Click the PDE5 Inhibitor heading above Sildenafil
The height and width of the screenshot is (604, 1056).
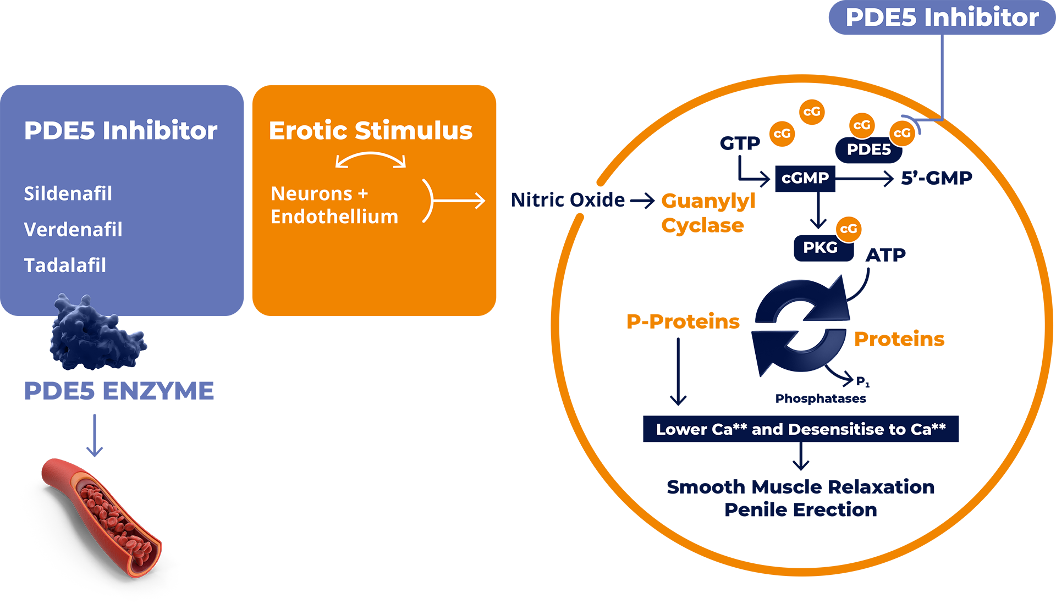pos(120,131)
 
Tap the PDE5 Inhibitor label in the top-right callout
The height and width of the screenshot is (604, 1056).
pos(942,18)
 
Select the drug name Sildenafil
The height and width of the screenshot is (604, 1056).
pos(68,193)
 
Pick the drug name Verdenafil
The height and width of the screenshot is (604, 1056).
pos(73,230)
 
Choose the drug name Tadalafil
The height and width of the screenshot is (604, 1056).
pos(65,265)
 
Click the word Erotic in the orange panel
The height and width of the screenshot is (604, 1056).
pos(308,131)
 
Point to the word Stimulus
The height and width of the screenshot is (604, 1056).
pos(413,131)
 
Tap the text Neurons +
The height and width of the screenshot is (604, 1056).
pos(319,193)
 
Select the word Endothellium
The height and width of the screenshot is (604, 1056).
pos(334,217)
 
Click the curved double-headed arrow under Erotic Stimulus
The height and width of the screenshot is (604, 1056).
pos(371,159)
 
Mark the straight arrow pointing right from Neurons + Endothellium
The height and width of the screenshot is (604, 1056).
pos(459,201)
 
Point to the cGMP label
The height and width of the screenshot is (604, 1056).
pos(805,178)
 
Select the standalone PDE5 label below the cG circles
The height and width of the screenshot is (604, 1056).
pos(868,149)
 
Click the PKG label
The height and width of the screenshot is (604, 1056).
pos(820,247)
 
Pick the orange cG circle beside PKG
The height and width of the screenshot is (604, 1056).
pos(849,229)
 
